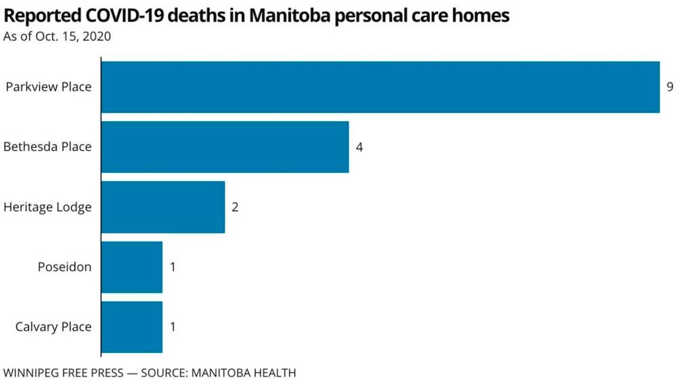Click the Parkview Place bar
pos(380,87)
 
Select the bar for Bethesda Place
pos(225,147)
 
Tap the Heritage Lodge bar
pos(162,207)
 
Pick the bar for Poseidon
pos(131,267)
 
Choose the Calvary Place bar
pos(131,326)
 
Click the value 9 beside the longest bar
pos(670,87)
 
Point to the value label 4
pos(359,147)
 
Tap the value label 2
pos(235,207)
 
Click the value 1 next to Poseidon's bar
pos(173,267)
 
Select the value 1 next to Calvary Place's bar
pos(173,326)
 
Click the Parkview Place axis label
pos(48,87)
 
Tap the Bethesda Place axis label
pos(47,147)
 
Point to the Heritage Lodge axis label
pos(47,207)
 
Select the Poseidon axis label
pos(64,267)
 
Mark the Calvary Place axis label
pos(53,327)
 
